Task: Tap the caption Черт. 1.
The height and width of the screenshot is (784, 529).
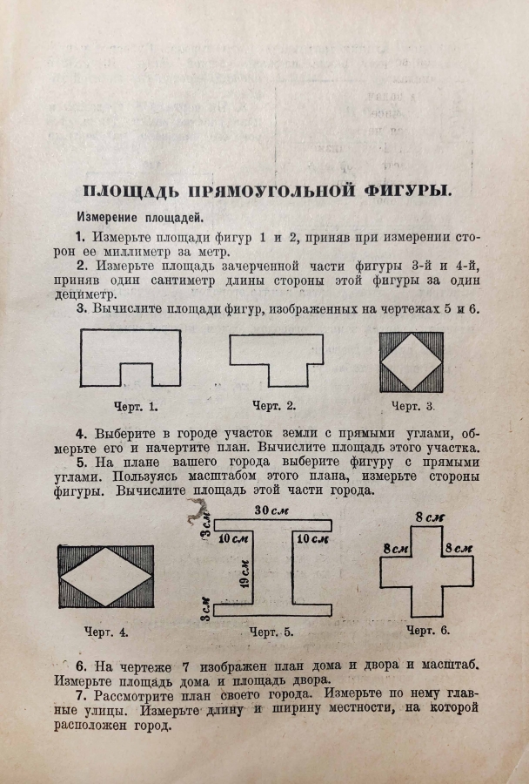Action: (136, 406)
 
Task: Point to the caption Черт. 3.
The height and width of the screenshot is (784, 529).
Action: (412, 406)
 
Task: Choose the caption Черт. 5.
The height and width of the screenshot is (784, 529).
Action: (271, 632)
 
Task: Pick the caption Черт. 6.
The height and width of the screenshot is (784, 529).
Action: (428, 630)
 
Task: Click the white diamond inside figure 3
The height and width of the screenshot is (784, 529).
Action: (412, 362)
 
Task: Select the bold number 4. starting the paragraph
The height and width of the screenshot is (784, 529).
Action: (81, 433)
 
